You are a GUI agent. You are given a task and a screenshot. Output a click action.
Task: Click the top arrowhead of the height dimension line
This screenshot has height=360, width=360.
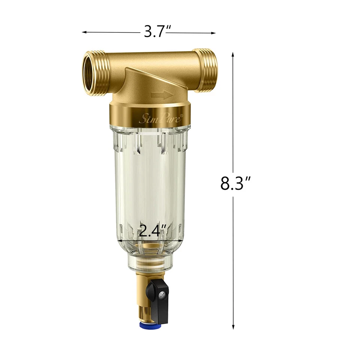(233, 54)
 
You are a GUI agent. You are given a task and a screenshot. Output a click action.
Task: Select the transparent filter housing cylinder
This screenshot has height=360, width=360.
(150, 180)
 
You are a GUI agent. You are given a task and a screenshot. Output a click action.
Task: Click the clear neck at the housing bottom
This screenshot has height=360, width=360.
(150, 262)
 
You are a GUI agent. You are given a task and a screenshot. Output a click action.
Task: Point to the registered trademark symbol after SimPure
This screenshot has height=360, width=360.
(182, 116)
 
